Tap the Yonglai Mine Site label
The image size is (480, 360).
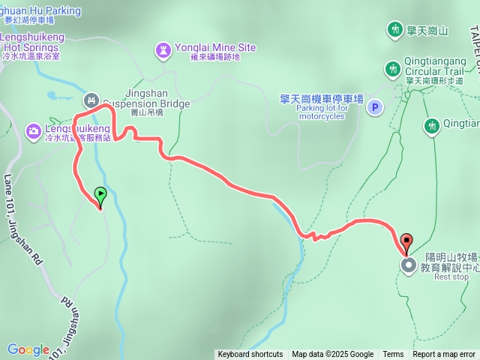point(215,47)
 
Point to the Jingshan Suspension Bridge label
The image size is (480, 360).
point(145,97)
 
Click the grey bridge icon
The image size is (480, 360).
point(91,99)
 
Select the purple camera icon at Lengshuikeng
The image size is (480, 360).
point(34,131)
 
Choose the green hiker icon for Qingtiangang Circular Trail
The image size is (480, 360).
point(392,70)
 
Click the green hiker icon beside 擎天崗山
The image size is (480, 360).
point(394,29)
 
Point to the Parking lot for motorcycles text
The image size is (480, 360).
point(322,108)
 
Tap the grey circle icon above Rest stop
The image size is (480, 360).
point(408,265)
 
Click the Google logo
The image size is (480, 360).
point(28,350)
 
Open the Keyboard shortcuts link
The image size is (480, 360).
point(250,355)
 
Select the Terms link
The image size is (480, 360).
point(393,355)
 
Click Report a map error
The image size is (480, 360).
point(444,355)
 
